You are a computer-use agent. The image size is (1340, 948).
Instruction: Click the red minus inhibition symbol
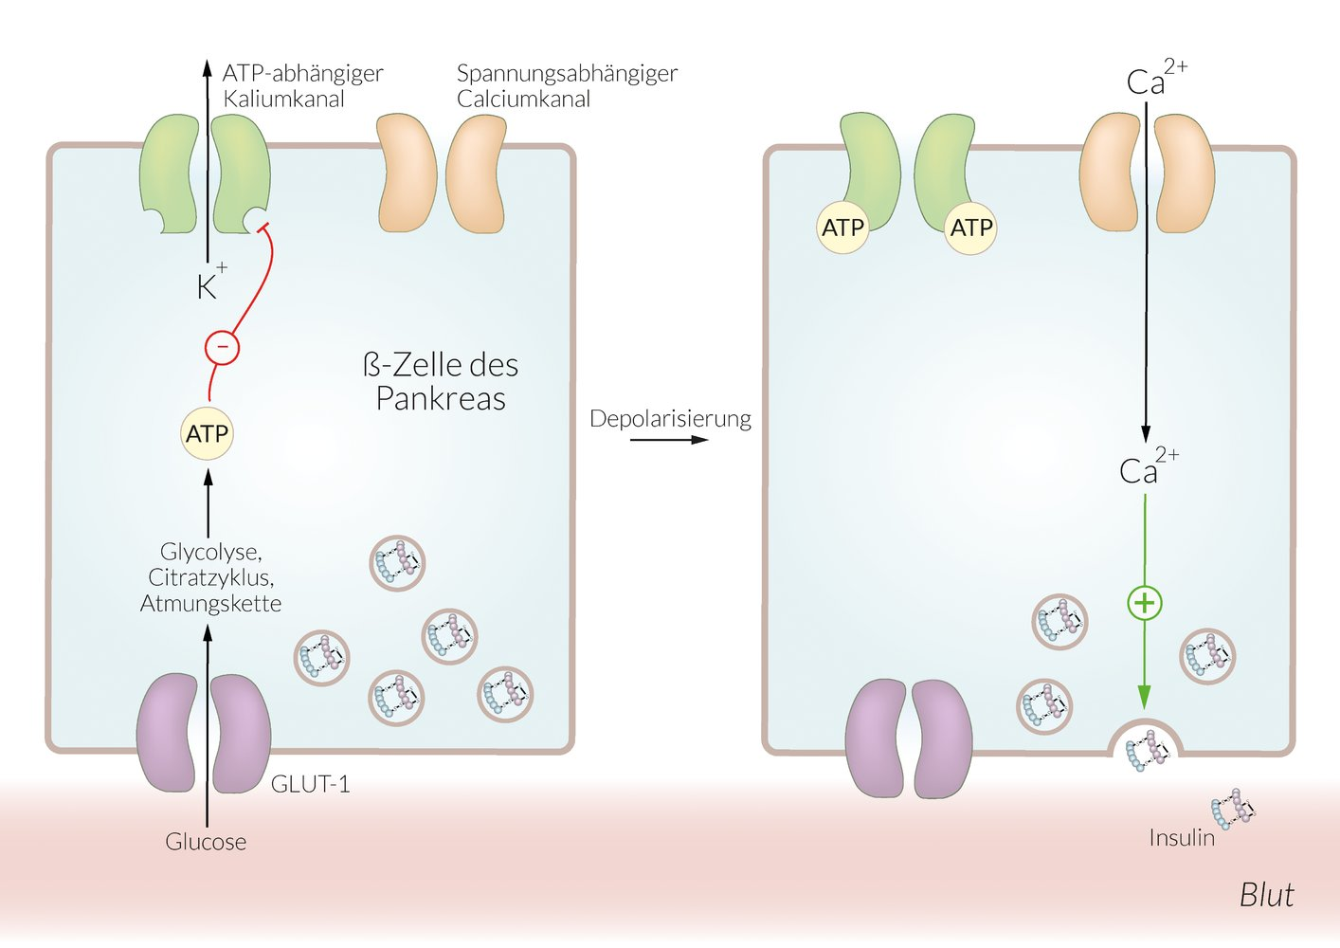[x=222, y=347]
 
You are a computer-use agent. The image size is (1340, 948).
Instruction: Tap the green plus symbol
[x=1145, y=603]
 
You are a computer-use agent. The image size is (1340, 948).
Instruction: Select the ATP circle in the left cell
[x=207, y=434]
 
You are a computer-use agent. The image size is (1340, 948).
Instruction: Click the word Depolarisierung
[x=670, y=419]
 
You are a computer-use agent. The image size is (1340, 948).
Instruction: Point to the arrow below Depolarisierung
[x=669, y=440]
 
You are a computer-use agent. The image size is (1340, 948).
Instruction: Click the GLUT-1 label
[x=310, y=784]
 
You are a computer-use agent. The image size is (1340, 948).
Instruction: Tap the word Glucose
[x=206, y=842]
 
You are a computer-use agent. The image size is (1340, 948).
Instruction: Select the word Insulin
[x=1181, y=838]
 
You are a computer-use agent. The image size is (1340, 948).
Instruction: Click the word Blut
[x=1266, y=895]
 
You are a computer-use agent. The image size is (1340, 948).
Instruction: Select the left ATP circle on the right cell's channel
[x=842, y=228]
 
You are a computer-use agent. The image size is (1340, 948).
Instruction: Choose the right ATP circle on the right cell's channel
[x=971, y=228]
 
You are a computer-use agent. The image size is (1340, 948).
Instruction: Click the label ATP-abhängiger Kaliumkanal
[x=301, y=86]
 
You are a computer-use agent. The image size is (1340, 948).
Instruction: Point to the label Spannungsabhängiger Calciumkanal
[x=567, y=86]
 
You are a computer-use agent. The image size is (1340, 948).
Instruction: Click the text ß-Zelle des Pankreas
[x=441, y=382]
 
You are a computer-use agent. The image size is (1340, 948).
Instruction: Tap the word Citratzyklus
[x=210, y=577]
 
